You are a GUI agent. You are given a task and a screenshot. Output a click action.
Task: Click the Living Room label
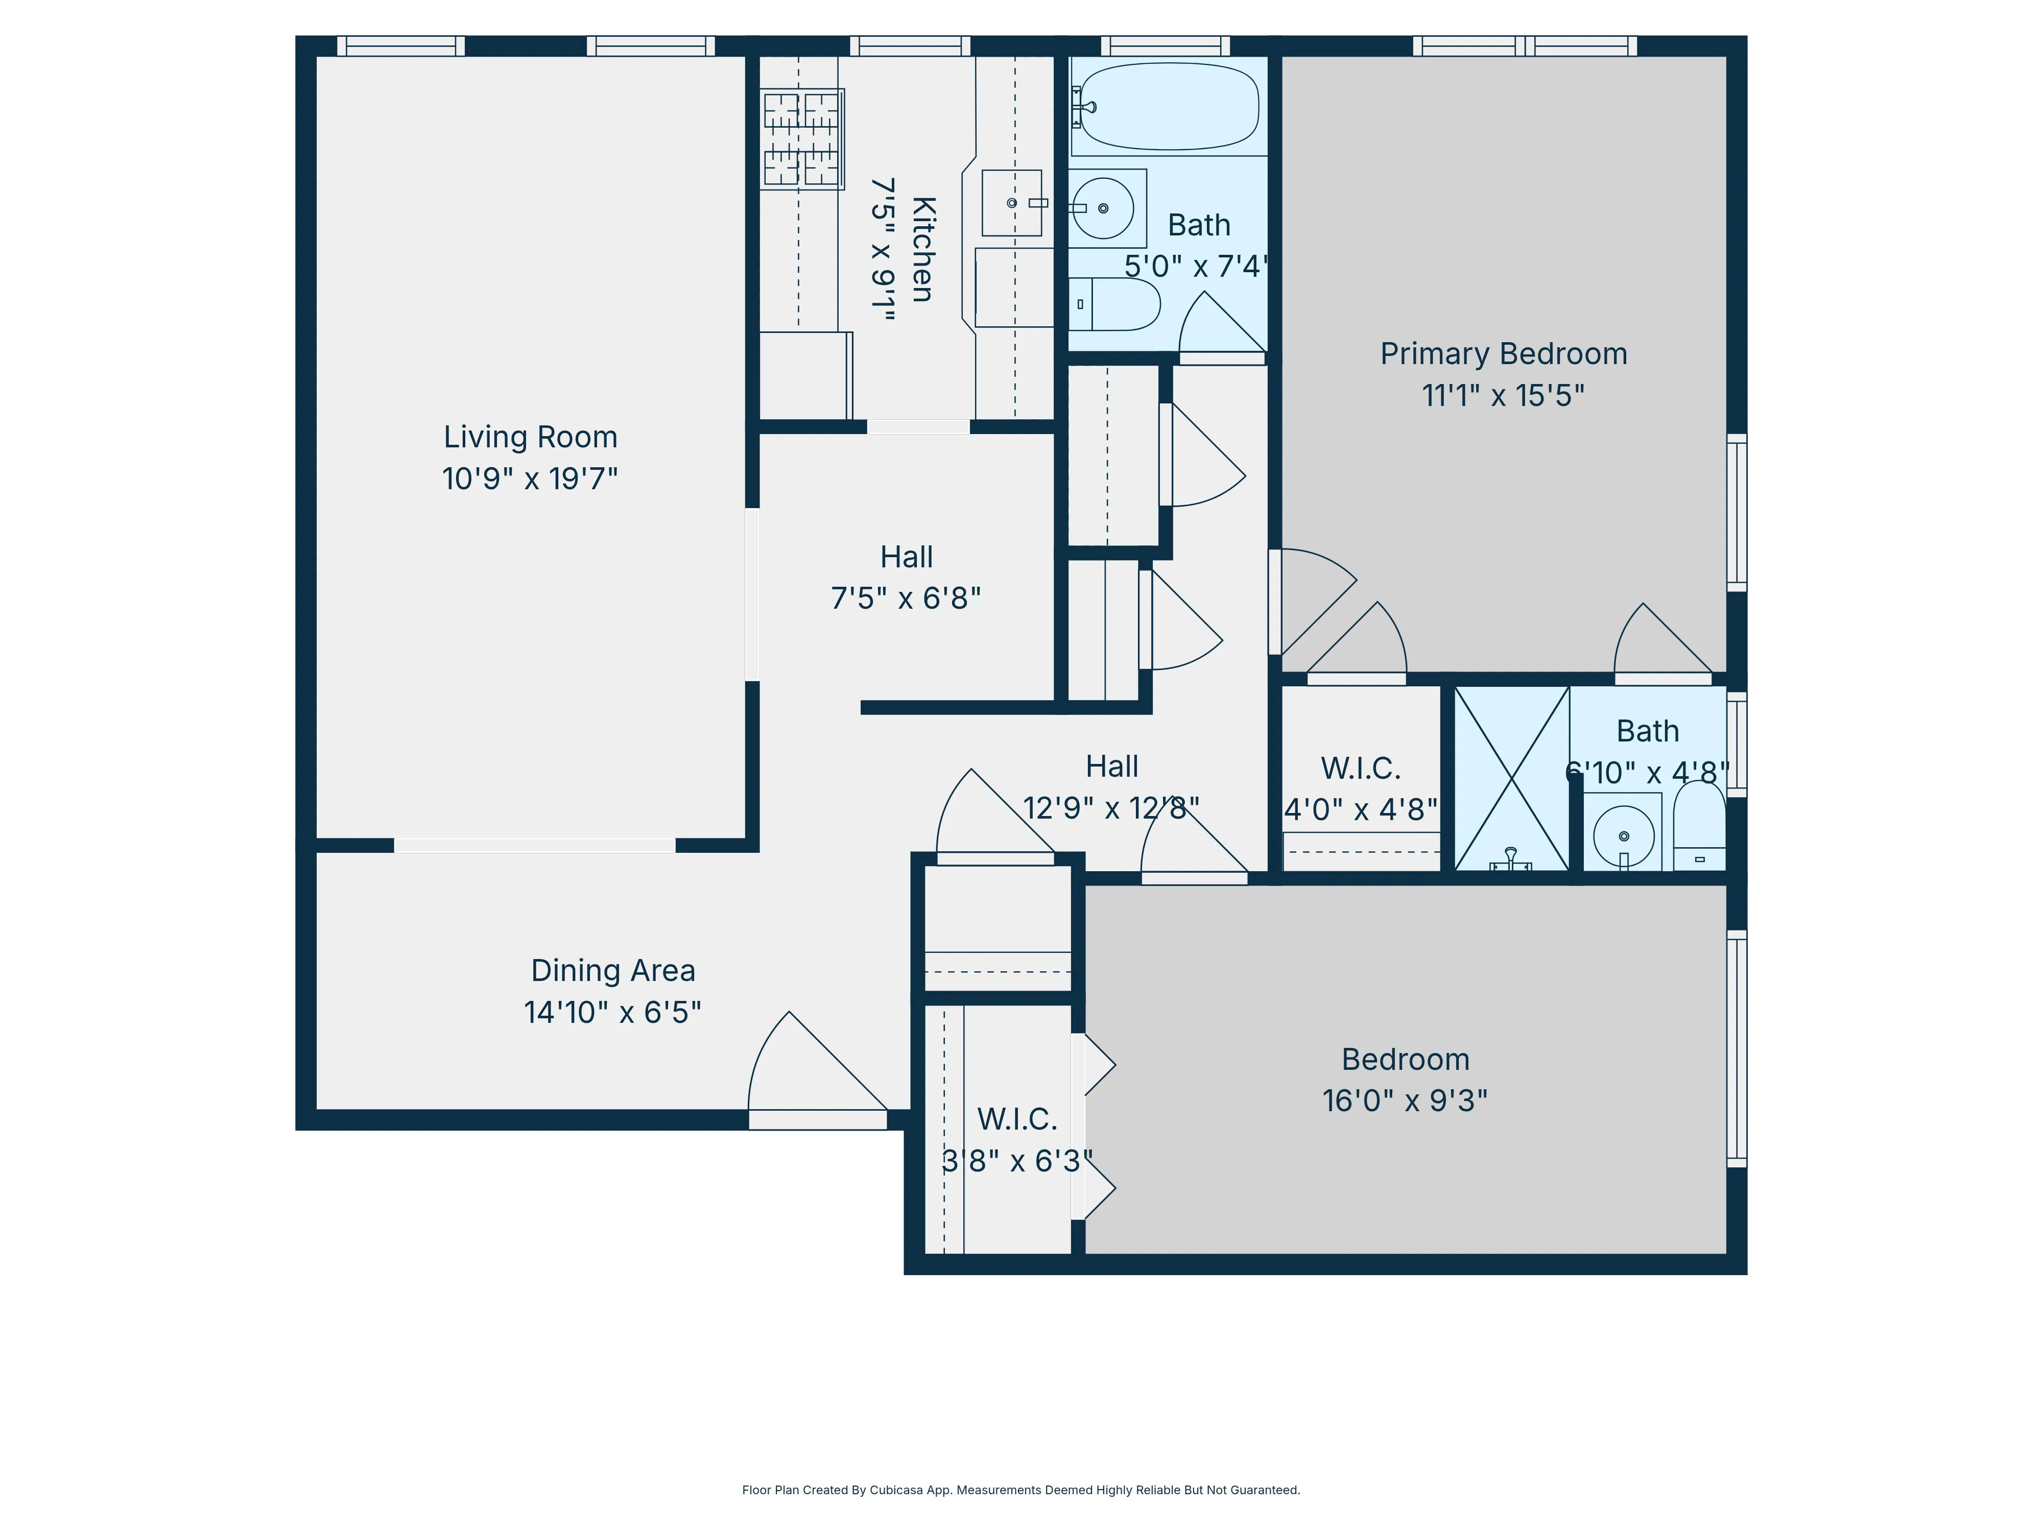(x=530, y=437)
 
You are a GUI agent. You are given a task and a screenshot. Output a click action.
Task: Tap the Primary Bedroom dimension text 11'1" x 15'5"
(x=1503, y=395)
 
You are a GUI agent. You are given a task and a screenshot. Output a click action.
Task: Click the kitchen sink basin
(x=1011, y=202)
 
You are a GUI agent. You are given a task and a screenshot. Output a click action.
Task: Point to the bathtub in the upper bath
(x=1169, y=106)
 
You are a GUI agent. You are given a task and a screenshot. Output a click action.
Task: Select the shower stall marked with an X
(x=1512, y=778)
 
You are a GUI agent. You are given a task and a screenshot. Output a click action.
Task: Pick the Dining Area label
(x=612, y=971)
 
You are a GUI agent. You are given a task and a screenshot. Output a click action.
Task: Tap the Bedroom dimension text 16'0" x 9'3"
(x=1405, y=1101)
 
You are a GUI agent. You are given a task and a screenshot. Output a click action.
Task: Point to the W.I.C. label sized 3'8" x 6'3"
(x=1017, y=1119)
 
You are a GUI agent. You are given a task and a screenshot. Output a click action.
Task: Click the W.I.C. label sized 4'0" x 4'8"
(x=1361, y=769)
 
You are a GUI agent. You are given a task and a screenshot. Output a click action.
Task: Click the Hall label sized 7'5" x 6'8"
(x=906, y=557)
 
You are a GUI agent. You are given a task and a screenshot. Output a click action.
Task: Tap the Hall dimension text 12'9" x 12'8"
(x=1111, y=808)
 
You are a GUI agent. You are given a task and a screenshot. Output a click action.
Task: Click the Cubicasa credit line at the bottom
(x=1020, y=1490)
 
